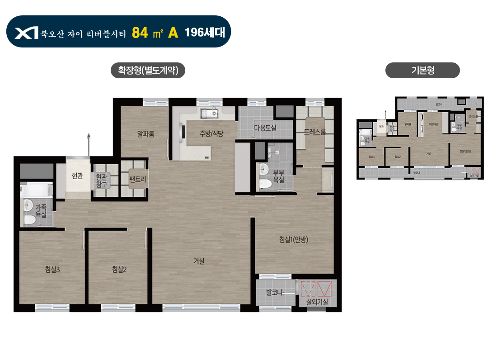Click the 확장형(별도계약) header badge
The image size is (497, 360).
(148, 71)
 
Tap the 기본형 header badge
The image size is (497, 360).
(422, 71)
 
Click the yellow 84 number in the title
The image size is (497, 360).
(140, 33)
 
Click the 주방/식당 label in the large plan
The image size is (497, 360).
(212, 133)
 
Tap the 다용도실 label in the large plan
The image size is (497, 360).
(265, 128)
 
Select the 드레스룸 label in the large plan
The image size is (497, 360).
(315, 132)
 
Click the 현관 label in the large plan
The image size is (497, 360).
(77, 176)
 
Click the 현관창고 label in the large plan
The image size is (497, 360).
(101, 181)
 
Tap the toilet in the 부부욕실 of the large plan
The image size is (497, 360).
(265, 183)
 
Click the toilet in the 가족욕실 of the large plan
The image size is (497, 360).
(30, 220)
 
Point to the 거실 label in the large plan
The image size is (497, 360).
(199, 261)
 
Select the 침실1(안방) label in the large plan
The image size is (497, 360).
(294, 240)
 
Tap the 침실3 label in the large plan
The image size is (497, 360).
(52, 270)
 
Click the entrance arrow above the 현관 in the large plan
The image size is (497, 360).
(89, 137)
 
